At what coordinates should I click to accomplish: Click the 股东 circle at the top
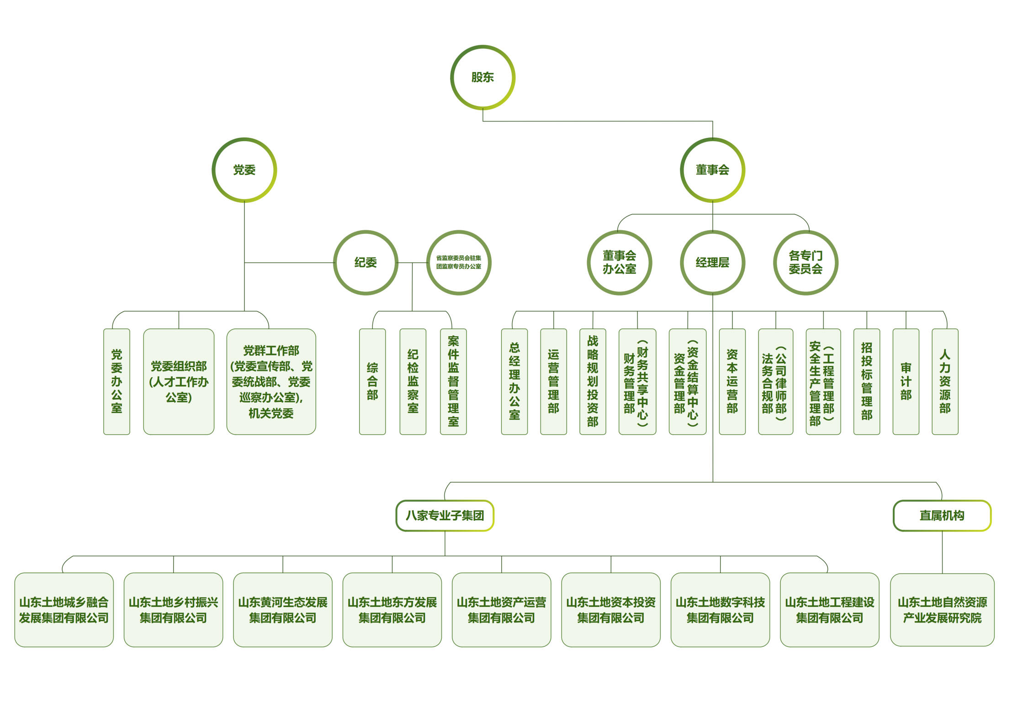[x=482, y=77]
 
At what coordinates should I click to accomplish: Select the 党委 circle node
[x=244, y=170]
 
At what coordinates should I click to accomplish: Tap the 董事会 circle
[x=712, y=170]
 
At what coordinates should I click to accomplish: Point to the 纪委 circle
[x=366, y=263]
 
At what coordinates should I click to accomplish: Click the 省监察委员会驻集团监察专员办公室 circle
[x=458, y=263]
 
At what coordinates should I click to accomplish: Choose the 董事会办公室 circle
[x=619, y=263]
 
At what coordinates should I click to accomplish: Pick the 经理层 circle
[x=712, y=263]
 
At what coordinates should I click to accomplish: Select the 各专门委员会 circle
[x=806, y=263]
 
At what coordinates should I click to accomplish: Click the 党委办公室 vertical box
[x=117, y=381]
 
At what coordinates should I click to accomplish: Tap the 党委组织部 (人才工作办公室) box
[x=179, y=381]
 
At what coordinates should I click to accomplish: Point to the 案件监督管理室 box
[x=453, y=381]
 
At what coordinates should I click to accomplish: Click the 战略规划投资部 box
[x=593, y=381]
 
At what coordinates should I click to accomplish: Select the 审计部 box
[x=906, y=381]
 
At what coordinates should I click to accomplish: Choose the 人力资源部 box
[x=945, y=381]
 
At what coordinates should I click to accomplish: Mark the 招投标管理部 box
[x=866, y=381]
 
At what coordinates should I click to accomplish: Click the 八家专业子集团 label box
[x=445, y=516]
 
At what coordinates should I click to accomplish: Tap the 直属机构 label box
[x=942, y=516]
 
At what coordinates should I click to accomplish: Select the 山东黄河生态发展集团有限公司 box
[x=282, y=610]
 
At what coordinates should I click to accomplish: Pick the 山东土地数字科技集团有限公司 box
[x=720, y=610]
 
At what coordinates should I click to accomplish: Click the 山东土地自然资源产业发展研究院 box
[x=942, y=610]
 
